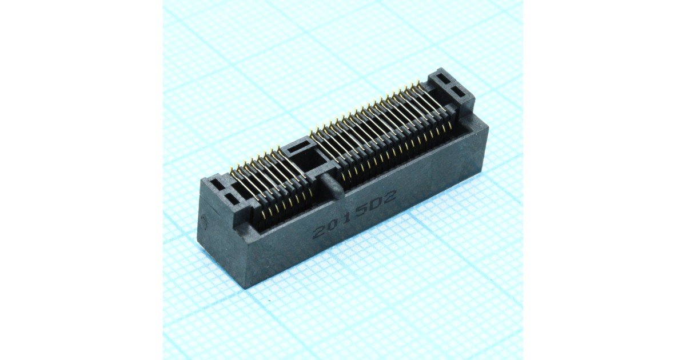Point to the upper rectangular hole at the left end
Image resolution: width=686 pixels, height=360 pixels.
(218, 183)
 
